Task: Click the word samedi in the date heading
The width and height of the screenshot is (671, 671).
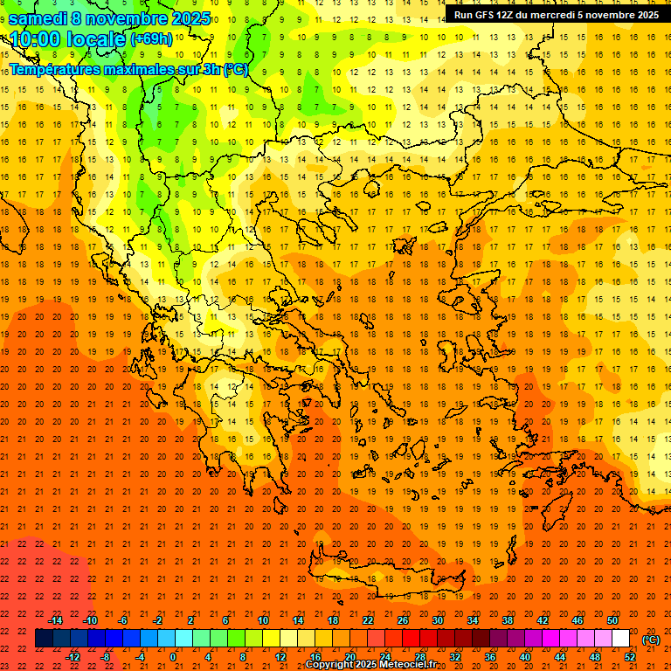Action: pos(38,18)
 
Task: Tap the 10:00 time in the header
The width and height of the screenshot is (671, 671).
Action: pos(34,39)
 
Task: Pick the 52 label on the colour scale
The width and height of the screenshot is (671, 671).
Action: pos(630,657)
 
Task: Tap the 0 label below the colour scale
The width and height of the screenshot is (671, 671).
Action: pos(173,657)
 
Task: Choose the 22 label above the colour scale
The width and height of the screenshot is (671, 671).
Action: pos(368,620)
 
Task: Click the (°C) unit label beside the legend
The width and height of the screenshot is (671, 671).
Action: pos(651,640)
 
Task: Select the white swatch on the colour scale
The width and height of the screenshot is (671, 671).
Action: pos(621,639)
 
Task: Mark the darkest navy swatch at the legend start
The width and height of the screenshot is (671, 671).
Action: pos(44,639)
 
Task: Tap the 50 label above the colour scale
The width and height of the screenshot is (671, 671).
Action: pos(612,620)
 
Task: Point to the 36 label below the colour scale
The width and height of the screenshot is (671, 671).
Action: pos(490,657)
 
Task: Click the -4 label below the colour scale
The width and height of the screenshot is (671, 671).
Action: pos(140,657)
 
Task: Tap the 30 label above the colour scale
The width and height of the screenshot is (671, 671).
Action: pos(438,620)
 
